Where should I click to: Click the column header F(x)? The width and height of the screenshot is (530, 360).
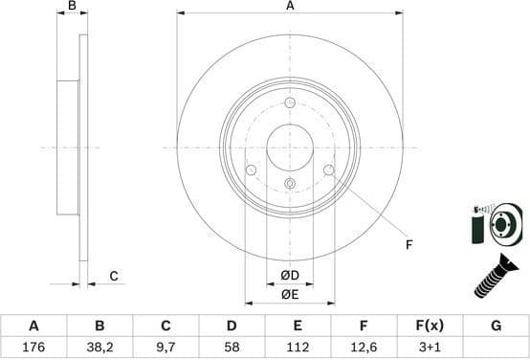tap(430, 326)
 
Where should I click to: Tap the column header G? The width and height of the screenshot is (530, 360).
tap(496, 326)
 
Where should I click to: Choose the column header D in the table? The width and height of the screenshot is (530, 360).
tap(232, 326)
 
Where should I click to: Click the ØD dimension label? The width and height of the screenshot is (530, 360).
tap(290, 276)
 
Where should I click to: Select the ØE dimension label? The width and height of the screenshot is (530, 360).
tap(290, 294)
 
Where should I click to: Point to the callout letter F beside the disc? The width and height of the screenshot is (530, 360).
tap(409, 245)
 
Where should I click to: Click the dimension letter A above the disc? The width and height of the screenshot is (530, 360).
tap(290, 7)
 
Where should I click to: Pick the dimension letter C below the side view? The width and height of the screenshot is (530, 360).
tap(113, 277)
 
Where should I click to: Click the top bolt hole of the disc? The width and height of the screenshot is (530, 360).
tap(290, 103)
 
